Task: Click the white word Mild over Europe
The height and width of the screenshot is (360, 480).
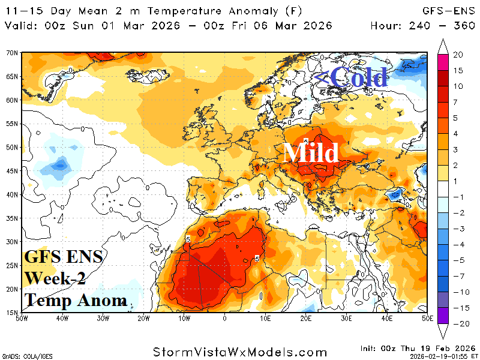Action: [x=311, y=153]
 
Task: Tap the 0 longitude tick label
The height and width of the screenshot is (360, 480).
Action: [x=224, y=318]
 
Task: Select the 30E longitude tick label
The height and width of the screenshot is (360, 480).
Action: [x=346, y=318]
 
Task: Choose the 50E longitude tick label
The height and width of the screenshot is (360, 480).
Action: [x=427, y=318]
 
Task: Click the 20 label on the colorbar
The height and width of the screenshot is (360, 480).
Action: [x=458, y=55]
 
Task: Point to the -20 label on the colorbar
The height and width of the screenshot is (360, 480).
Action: [x=458, y=324]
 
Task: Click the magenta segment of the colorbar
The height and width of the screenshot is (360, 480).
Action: [x=443, y=62]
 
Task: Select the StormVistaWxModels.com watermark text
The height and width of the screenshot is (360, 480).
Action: [x=239, y=350]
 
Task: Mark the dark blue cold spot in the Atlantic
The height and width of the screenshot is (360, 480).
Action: [x=61, y=163]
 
